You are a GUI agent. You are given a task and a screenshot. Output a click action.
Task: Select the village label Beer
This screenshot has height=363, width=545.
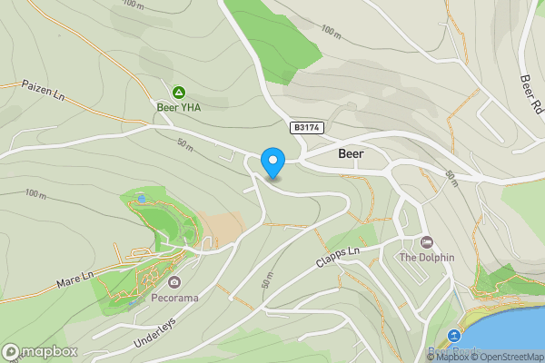pos(351,154)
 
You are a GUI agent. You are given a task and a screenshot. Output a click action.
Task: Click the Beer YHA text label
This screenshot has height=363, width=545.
pos(179,107)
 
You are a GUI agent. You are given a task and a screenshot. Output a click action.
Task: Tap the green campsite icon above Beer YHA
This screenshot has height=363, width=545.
pos(179,92)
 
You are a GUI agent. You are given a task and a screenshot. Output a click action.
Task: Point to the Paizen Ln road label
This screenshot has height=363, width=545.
pos(44,91)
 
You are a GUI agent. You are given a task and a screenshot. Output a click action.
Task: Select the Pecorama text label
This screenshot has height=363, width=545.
pos(174,298)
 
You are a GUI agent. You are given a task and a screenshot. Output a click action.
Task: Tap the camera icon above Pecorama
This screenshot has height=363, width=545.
pos(174,282)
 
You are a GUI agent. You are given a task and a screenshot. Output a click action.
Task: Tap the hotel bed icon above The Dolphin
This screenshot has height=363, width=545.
pos(427,241)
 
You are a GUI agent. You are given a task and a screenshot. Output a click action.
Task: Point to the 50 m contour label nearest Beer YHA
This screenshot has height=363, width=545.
pos(185,143)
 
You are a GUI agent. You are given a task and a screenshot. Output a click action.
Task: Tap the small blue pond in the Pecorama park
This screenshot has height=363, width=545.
pos(140,197)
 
